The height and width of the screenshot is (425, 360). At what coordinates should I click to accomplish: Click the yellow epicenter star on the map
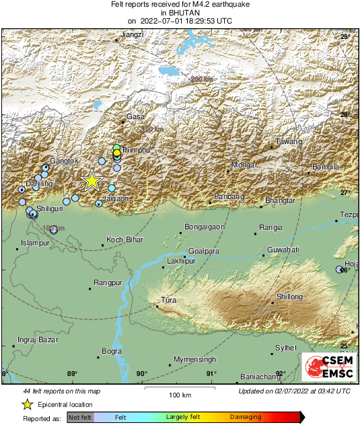[x=92, y=181]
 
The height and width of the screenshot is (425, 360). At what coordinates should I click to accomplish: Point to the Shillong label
[x=289, y=297]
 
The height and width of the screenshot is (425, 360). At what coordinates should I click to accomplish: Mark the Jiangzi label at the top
[x=131, y=34]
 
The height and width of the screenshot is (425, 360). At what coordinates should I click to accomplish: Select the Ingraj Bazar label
[x=34, y=339]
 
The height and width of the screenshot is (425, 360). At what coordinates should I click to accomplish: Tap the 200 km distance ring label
[x=201, y=80]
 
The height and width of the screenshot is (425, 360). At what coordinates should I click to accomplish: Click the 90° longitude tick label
[x=142, y=374]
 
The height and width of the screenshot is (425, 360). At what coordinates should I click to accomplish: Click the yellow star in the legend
[x=28, y=404]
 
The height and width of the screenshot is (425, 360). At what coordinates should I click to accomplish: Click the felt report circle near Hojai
[x=340, y=270]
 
